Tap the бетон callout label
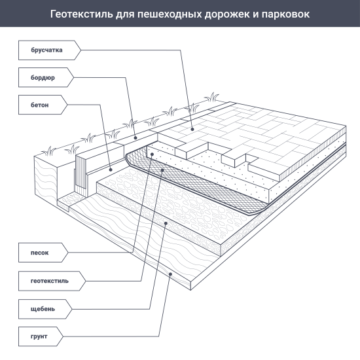pyautogui.click(x=39, y=104)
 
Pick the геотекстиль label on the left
pyautogui.click(x=49, y=280)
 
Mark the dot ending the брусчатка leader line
pyautogui.click(x=192, y=129)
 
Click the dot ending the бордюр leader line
pyautogui.click(x=135, y=137)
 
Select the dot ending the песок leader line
pyautogui.click(x=151, y=154)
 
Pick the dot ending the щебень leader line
pyautogui.click(x=167, y=223)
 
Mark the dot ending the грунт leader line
pyautogui.click(x=171, y=275)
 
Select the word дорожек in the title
pyautogui.click(x=227, y=13)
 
